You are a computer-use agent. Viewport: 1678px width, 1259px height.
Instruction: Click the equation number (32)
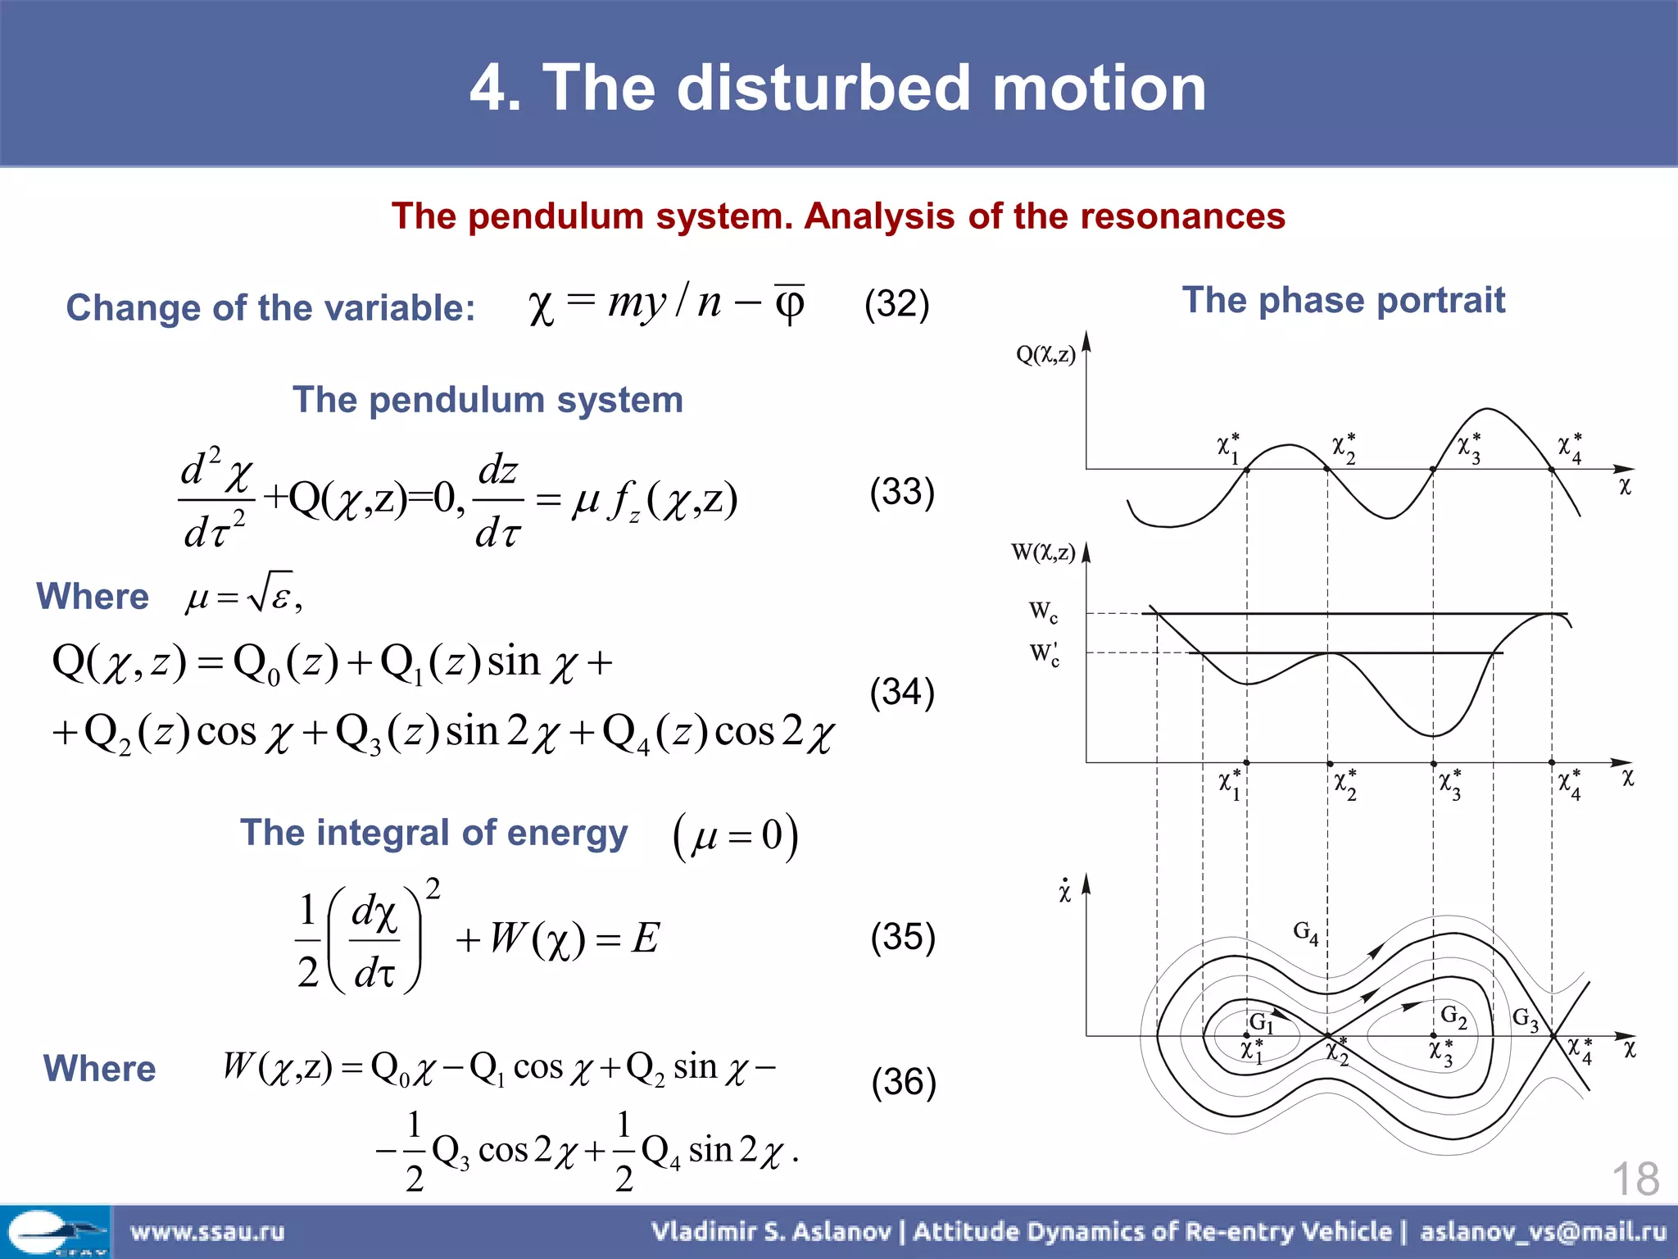pyautogui.click(x=896, y=304)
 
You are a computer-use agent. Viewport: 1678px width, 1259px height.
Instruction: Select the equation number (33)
pyautogui.click(x=902, y=492)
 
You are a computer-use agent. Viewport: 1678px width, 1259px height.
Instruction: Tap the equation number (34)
pyautogui.click(x=902, y=692)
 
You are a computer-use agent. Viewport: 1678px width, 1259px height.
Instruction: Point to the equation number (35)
pyautogui.click(x=903, y=937)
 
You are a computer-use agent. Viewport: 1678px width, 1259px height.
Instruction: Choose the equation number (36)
pyautogui.click(x=904, y=1082)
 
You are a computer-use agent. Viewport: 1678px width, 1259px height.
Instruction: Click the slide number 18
pyautogui.click(x=1635, y=1179)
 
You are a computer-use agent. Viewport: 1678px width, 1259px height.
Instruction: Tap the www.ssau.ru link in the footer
pyautogui.click(x=207, y=1231)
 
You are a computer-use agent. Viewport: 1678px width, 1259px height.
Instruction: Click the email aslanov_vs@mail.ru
pyautogui.click(x=1543, y=1231)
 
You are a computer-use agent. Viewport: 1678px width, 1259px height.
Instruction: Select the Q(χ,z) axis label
pyautogui.click(x=1045, y=354)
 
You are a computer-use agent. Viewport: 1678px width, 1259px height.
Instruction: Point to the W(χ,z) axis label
pyautogui.click(x=1043, y=552)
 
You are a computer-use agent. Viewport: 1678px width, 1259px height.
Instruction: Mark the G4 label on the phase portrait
pyautogui.click(x=1305, y=933)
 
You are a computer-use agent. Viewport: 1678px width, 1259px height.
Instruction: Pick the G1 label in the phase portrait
pyautogui.click(x=1261, y=1022)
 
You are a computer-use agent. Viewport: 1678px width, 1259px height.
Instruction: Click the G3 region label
pyautogui.click(x=1525, y=1019)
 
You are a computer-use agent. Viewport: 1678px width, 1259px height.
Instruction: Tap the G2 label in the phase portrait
pyautogui.click(x=1454, y=1016)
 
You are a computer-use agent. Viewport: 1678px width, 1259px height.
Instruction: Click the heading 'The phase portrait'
pyautogui.click(x=1343, y=300)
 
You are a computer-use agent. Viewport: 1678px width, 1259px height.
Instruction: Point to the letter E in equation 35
pyautogui.click(x=646, y=938)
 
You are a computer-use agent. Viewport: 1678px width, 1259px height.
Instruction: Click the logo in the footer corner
pyautogui.click(x=55, y=1232)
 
